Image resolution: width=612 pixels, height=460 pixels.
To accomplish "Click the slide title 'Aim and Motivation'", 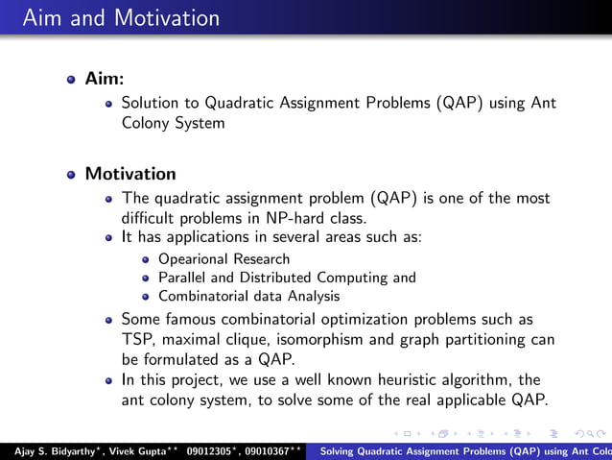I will coord(120,18).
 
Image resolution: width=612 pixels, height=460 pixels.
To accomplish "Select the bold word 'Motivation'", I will coord(130,174).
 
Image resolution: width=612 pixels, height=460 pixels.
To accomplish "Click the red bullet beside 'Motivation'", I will coord(71,175).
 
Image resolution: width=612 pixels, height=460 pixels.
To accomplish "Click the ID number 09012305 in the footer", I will coord(212,449).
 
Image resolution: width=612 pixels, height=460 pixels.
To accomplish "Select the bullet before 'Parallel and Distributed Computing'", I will coord(146,278).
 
